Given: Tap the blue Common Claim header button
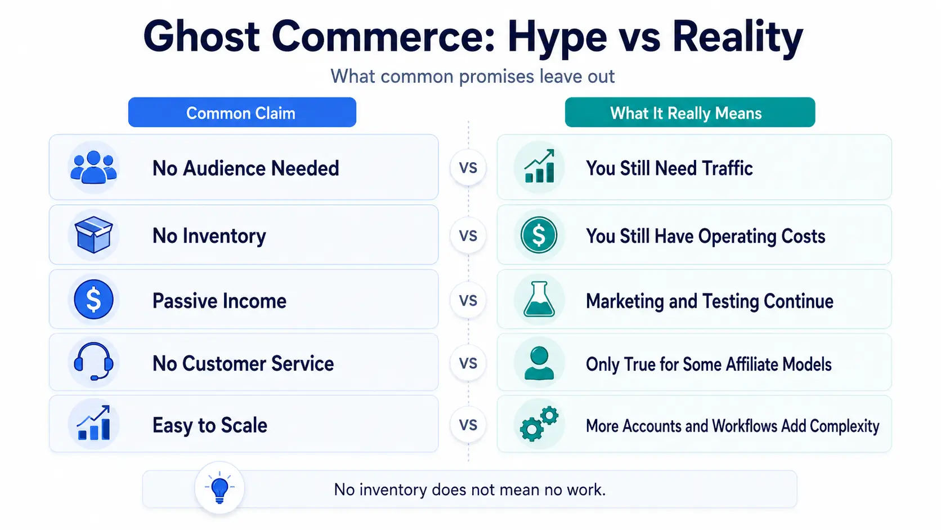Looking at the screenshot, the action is (x=242, y=112).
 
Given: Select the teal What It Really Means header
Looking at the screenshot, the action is (x=690, y=112).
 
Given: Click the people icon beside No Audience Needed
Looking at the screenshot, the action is (x=93, y=167).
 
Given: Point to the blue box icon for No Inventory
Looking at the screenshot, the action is (x=93, y=234).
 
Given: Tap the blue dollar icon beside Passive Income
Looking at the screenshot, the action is (x=93, y=300).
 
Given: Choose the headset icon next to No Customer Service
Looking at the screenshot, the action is (x=93, y=362).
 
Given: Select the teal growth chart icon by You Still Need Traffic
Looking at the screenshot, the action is (x=539, y=167).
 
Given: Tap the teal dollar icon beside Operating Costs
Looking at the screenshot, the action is (x=539, y=234).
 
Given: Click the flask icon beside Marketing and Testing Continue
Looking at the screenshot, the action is (x=539, y=299).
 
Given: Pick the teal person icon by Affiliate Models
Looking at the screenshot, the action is (x=539, y=363).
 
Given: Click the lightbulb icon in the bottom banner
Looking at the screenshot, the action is (x=219, y=488).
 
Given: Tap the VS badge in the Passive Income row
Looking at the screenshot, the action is (x=468, y=300).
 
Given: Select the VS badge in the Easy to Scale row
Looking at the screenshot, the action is (x=468, y=425).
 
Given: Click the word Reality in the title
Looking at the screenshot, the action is (x=737, y=37).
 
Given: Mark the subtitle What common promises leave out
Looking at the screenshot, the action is (x=472, y=77).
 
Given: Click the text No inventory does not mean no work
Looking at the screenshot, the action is (x=470, y=489).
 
